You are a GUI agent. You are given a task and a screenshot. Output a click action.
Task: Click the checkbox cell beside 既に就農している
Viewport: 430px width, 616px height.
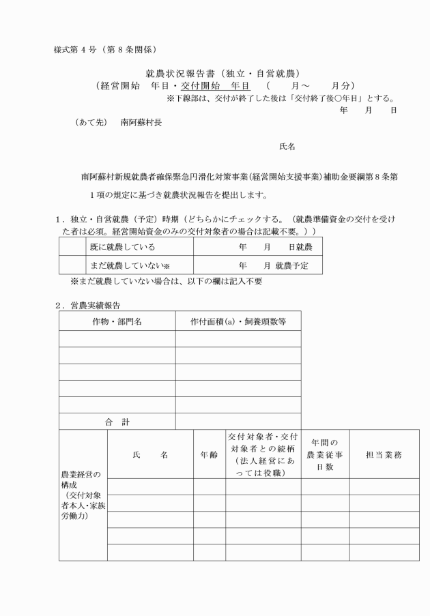pyautogui.click(x=72, y=246)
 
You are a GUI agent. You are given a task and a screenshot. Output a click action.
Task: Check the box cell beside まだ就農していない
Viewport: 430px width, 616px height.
pyautogui.click(x=72, y=265)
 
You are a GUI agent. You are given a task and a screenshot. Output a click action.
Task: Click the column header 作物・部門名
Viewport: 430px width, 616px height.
pyautogui.click(x=117, y=321)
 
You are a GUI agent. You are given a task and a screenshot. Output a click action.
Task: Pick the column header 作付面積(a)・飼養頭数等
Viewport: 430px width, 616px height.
pyautogui.click(x=238, y=321)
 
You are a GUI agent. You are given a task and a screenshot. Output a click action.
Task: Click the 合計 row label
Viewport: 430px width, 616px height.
pyautogui.click(x=117, y=422)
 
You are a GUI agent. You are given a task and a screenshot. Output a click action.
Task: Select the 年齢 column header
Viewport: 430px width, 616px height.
pyautogui.click(x=209, y=454)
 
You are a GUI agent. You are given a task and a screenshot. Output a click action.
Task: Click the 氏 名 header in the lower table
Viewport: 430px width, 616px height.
pyautogui.click(x=149, y=454)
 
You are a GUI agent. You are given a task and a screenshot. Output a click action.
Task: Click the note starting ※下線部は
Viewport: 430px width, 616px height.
pyautogui.click(x=280, y=98)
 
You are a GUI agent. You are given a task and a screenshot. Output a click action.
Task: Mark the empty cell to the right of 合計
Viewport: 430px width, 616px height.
pyautogui.click(x=238, y=422)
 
